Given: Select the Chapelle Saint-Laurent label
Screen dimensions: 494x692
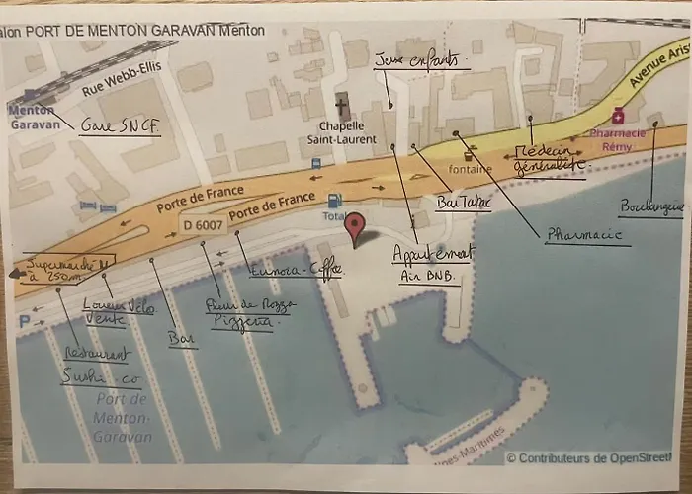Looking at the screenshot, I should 343,132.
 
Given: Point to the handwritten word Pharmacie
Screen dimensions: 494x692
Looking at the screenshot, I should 583,235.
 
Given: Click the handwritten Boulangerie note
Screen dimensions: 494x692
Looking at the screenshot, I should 651,206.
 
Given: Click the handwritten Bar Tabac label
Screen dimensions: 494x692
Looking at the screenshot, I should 463,202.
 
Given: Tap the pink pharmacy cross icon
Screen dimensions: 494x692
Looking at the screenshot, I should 619,116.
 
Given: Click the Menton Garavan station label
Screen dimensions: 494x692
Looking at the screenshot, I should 35,118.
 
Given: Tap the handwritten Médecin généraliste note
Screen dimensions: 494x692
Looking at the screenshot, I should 550,160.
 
